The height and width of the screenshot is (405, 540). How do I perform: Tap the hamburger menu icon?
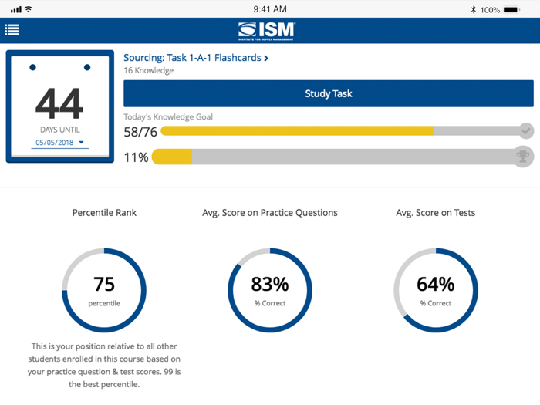12,30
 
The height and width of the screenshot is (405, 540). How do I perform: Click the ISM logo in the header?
267,30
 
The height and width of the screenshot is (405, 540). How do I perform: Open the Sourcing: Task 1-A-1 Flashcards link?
196,58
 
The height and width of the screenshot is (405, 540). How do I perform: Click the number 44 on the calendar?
59,103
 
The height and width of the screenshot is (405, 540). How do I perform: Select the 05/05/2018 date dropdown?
59,143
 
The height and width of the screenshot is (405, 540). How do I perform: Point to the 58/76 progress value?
140,132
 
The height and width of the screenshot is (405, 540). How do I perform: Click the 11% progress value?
136,157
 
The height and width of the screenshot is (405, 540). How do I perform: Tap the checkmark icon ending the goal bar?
526,130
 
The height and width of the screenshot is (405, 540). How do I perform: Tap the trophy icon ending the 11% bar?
524,157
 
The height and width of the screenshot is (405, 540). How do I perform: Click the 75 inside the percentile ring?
104,285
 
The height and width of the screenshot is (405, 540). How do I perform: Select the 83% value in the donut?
269,285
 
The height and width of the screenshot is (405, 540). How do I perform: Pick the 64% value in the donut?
436,285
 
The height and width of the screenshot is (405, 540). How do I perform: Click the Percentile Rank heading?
104,212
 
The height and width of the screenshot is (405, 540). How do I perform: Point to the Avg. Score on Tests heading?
436,212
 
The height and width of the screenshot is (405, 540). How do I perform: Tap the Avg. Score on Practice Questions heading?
269,212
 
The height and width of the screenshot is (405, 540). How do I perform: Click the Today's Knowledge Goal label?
168,117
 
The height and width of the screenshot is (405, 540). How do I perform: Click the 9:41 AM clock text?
269,9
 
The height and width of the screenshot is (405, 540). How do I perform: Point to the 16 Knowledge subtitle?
148,71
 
